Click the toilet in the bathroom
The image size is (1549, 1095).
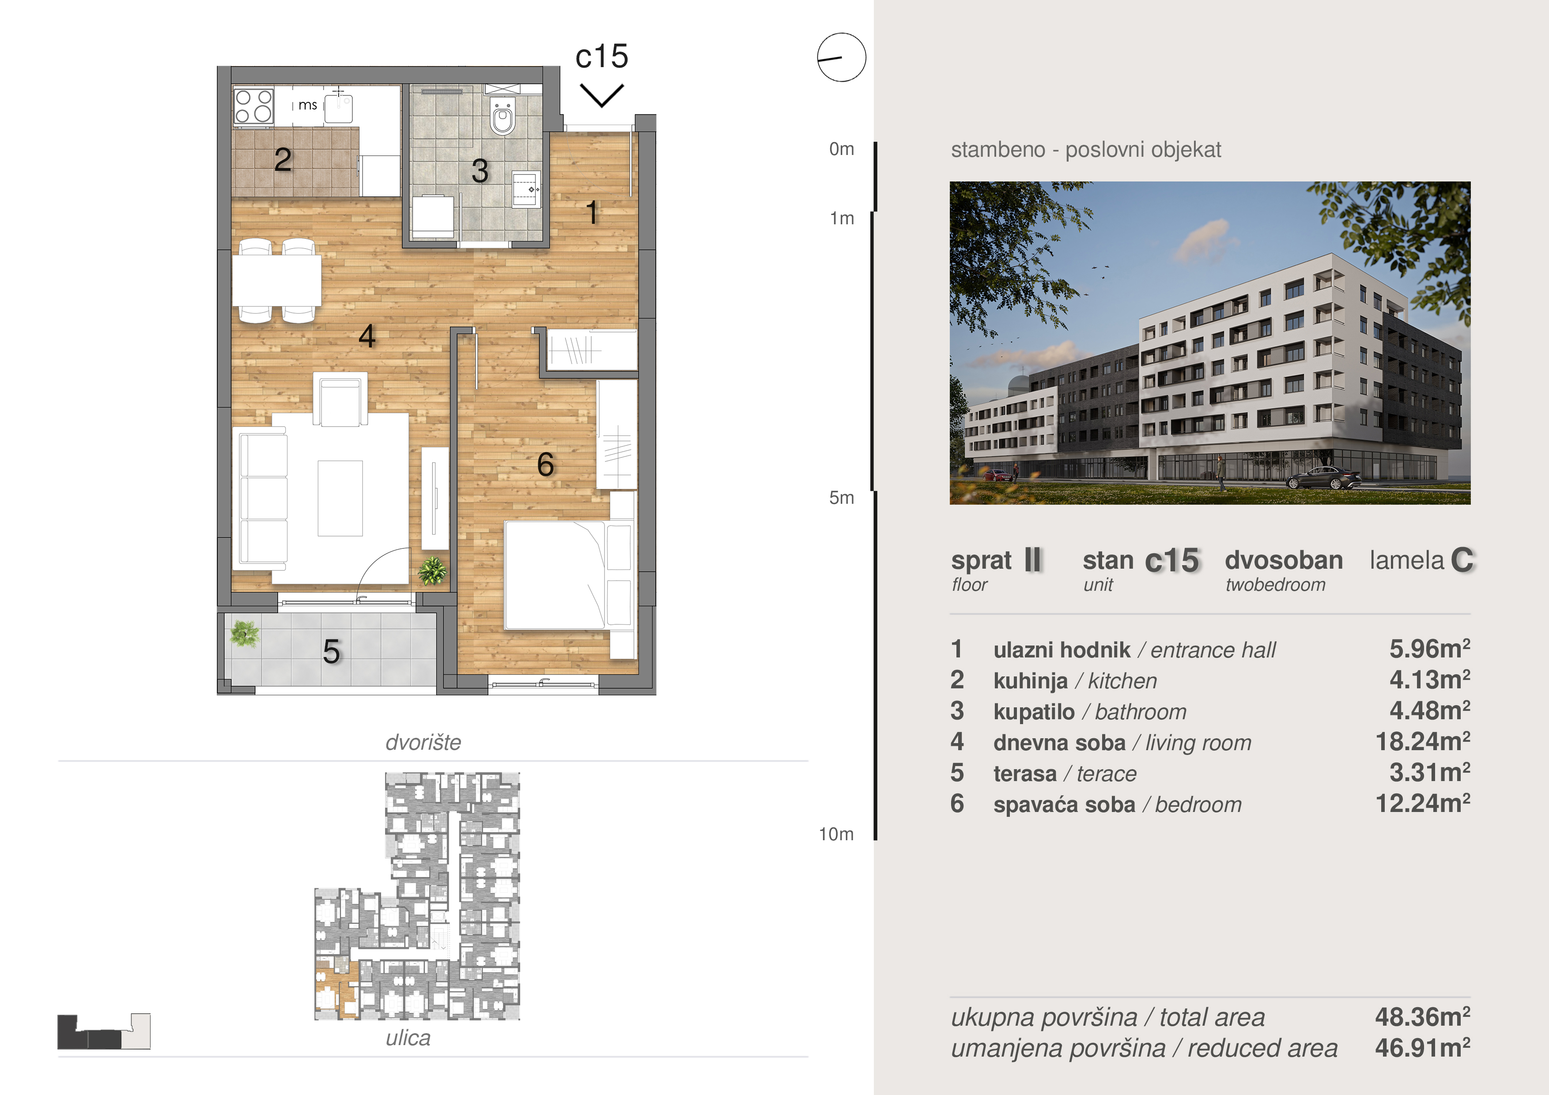tap(502, 116)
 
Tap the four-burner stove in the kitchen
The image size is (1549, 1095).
tap(253, 106)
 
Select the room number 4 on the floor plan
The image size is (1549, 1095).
tap(367, 336)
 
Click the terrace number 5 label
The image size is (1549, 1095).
tap(331, 652)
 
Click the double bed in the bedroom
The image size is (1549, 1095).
tap(555, 575)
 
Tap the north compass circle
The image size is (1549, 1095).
tap(841, 57)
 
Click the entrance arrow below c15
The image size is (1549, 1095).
tap(602, 95)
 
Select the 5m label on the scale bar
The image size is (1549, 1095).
tap(841, 498)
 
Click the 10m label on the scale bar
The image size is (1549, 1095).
tap(837, 834)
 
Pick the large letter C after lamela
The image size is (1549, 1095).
tap(1461, 560)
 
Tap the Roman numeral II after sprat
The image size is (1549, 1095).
tap(1033, 560)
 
